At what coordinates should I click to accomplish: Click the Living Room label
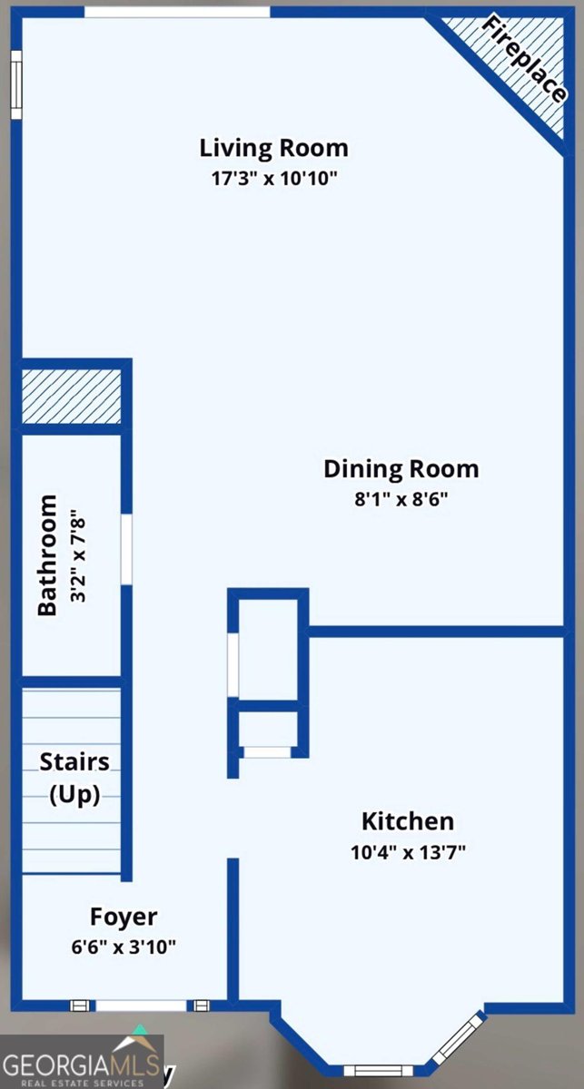click(274, 148)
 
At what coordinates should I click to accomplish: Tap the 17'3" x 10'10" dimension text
click(274, 179)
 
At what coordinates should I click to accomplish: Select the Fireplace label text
click(524, 59)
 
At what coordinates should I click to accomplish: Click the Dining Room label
click(401, 469)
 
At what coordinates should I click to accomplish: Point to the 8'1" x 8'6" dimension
click(401, 499)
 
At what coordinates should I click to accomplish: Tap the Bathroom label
click(47, 555)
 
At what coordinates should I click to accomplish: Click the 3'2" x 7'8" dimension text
click(78, 555)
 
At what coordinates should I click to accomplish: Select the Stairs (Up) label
click(74, 779)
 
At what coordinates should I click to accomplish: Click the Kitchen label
click(408, 821)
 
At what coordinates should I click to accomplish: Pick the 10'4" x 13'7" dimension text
click(408, 852)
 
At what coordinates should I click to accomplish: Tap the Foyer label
click(124, 917)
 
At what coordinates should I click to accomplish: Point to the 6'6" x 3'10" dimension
click(124, 947)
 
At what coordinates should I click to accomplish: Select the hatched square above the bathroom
click(71, 397)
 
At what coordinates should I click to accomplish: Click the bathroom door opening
click(126, 549)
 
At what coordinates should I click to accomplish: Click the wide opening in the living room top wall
click(177, 12)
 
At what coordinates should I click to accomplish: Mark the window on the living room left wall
click(17, 84)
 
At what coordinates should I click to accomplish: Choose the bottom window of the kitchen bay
click(378, 1071)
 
